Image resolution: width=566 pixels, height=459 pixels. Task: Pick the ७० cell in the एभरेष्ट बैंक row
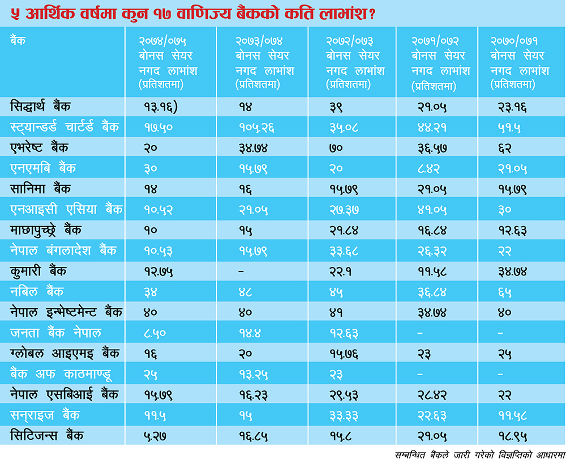335,148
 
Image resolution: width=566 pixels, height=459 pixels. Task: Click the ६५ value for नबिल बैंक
505,291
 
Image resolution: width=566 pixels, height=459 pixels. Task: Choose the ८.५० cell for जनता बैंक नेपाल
155,333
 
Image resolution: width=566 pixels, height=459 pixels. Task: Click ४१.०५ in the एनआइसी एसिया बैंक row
431,210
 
